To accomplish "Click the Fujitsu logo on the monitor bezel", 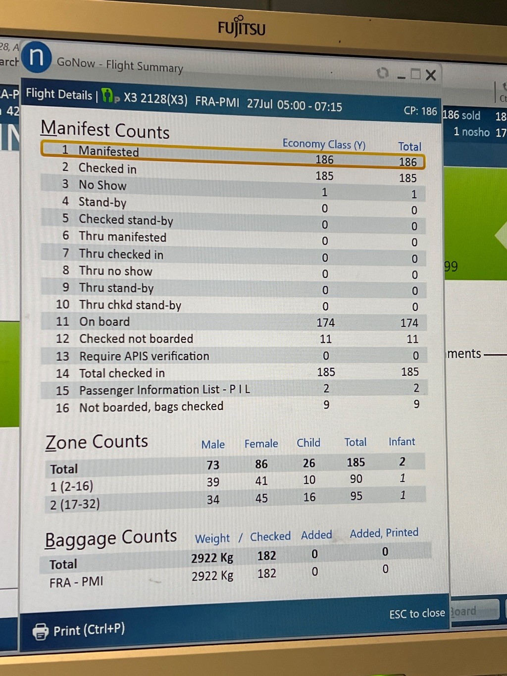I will point(242,27).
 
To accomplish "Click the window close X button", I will point(431,75).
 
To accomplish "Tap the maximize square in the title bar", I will point(415,74).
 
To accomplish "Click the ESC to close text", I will point(417,614).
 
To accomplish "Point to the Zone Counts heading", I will point(97,442).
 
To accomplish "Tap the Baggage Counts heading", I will point(111,538).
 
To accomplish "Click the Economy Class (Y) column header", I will point(324,144).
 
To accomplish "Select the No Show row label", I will point(102,185).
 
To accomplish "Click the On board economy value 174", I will point(326,323).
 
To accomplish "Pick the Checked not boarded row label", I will point(136,339).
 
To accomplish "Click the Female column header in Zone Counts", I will point(261,444).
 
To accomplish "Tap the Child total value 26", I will point(309,463).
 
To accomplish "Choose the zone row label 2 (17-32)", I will point(75,504).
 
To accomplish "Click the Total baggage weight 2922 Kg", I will point(212,558).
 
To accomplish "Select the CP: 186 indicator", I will point(420,111).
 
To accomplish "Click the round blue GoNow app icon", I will point(36,57).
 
